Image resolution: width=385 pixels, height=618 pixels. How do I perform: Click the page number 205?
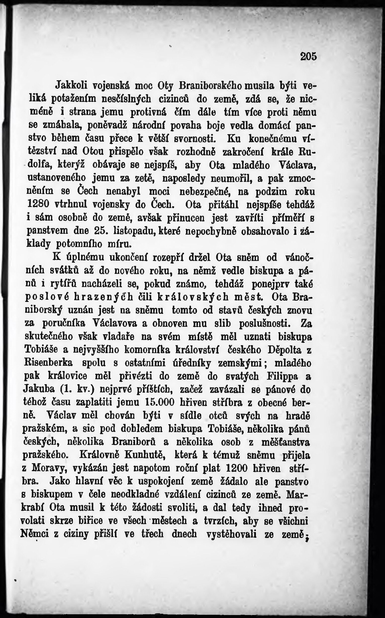pos(308,56)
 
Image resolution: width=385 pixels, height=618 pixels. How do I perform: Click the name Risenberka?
pos(48,363)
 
